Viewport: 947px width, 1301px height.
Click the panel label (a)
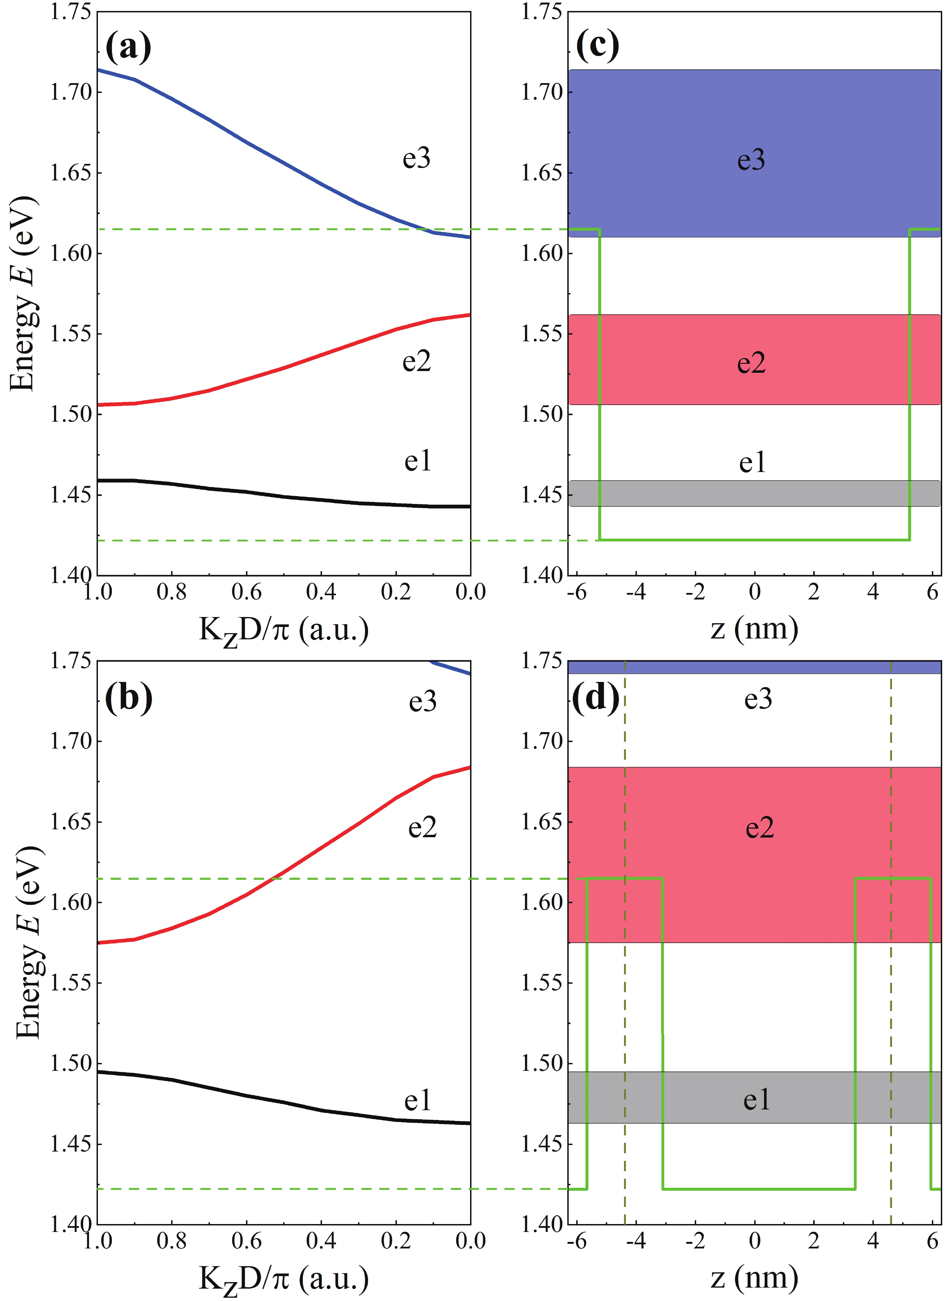[x=129, y=47]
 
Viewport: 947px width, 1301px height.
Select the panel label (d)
[x=597, y=697]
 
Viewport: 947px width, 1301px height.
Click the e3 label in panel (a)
[x=416, y=158]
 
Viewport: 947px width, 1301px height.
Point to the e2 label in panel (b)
[x=422, y=827]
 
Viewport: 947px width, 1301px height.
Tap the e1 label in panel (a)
[x=417, y=461]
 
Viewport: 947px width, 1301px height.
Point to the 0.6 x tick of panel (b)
[x=247, y=1241]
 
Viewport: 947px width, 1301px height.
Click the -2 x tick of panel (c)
[x=695, y=592]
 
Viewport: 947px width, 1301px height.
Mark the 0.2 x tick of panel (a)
[x=396, y=592]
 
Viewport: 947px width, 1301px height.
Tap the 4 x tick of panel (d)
[x=872, y=1241]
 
